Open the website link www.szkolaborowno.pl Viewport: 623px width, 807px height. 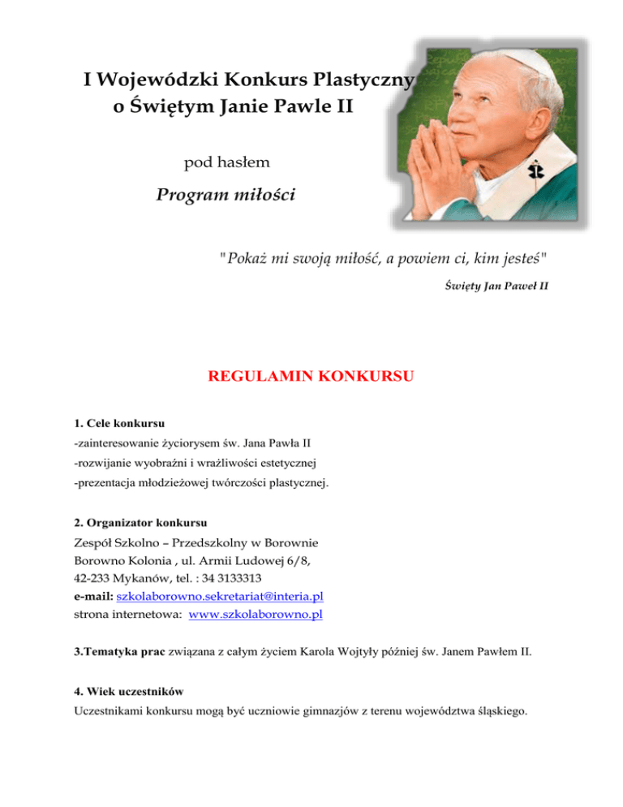pyautogui.click(x=255, y=615)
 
